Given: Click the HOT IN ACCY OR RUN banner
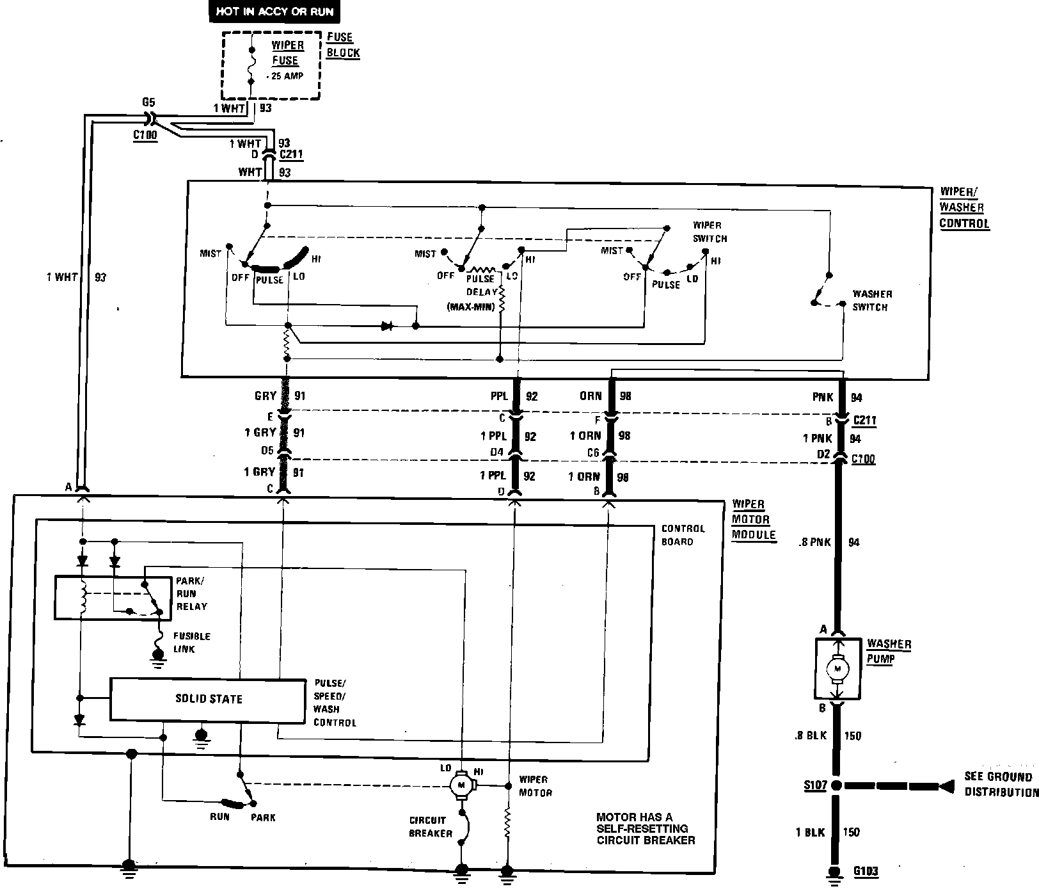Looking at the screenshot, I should [x=274, y=12].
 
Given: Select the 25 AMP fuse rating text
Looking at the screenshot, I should [x=286, y=76].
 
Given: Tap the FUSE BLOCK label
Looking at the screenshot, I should [x=343, y=45].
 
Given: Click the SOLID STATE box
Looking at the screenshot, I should [x=208, y=699].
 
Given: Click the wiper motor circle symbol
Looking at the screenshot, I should [x=461, y=784].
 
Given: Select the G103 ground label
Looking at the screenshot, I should [x=866, y=871].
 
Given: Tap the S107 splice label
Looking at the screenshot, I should [x=815, y=785].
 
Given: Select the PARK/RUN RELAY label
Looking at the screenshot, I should [x=191, y=593].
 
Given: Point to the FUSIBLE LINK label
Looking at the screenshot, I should [x=192, y=643].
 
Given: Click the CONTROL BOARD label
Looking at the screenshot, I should [x=683, y=535].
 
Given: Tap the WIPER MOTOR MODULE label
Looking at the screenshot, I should [x=753, y=520].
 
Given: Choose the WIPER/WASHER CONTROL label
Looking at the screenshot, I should [x=964, y=208].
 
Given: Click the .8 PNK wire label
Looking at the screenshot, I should [x=815, y=542].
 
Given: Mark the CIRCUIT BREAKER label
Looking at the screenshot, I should [x=431, y=826].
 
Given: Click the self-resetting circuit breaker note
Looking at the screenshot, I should [x=646, y=828].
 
